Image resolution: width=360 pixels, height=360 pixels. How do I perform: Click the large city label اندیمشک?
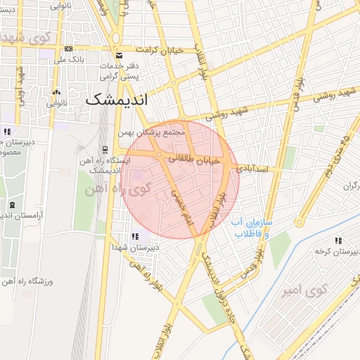(118, 100)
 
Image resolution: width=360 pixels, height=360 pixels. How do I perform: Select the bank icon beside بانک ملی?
(68, 49)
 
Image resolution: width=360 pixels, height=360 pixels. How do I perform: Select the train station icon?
(105, 149)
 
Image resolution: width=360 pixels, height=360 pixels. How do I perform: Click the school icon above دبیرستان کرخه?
(338, 240)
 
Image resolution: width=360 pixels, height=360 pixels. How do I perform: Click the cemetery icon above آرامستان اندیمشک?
(11, 205)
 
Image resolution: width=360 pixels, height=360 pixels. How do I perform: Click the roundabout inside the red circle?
(160, 155)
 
